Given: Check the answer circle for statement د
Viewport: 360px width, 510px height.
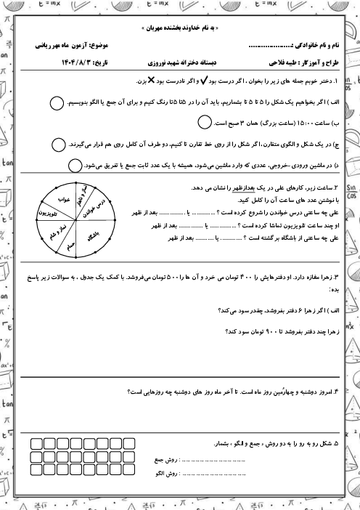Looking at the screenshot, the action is [75, 166].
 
